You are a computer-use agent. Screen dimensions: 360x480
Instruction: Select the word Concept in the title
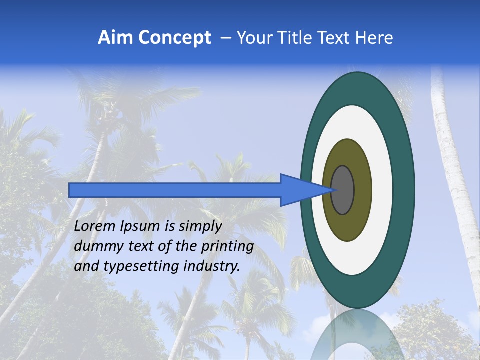(174, 38)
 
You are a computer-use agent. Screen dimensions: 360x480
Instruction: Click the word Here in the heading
(374, 38)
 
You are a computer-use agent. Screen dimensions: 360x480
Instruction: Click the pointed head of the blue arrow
(300, 190)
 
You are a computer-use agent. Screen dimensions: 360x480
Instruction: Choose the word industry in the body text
(212, 267)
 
